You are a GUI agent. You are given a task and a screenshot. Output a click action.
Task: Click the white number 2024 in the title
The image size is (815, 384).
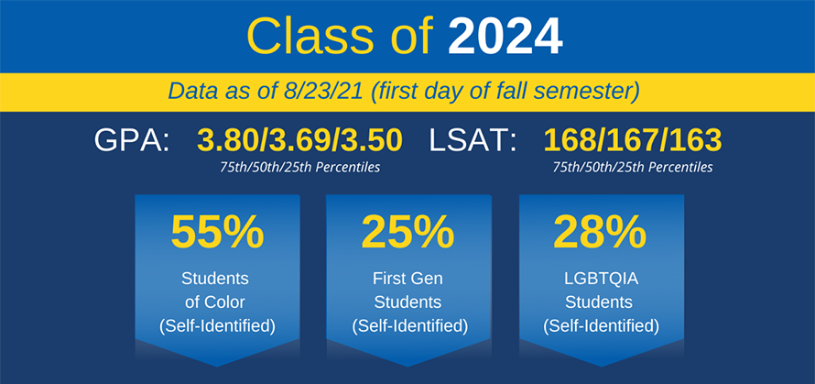click(x=505, y=37)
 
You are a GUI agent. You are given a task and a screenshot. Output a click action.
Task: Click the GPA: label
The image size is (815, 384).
click(x=132, y=140)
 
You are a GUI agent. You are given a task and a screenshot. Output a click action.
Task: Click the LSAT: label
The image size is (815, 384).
click(x=472, y=140)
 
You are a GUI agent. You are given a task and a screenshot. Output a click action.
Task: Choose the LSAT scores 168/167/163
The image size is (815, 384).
click(x=632, y=140)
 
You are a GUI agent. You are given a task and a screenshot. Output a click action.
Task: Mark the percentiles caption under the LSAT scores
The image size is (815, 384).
click(x=632, y=168)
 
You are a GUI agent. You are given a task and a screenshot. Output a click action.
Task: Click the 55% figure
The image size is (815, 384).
click(x=217, y=232)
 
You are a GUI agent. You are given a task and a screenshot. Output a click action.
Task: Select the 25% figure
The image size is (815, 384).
click(x=408, y=232)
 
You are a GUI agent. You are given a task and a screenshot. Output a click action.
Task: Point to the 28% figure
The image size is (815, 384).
click(x=600, y=232)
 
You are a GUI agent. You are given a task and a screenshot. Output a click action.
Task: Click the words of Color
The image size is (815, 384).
click(x=214, y=302)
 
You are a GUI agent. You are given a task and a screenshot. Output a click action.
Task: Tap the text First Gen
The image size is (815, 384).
click(x=408, y=279)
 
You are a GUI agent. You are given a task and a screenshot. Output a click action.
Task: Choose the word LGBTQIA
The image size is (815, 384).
click(x=601, y=279)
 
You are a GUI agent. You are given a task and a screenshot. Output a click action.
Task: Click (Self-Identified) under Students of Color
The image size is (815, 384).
click(x=217, y=326)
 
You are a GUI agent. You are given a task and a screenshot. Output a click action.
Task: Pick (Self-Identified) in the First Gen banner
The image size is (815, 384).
click(x=408, y=326)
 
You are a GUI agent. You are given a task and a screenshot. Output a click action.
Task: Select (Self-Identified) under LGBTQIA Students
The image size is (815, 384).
click(x=602, y=326)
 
